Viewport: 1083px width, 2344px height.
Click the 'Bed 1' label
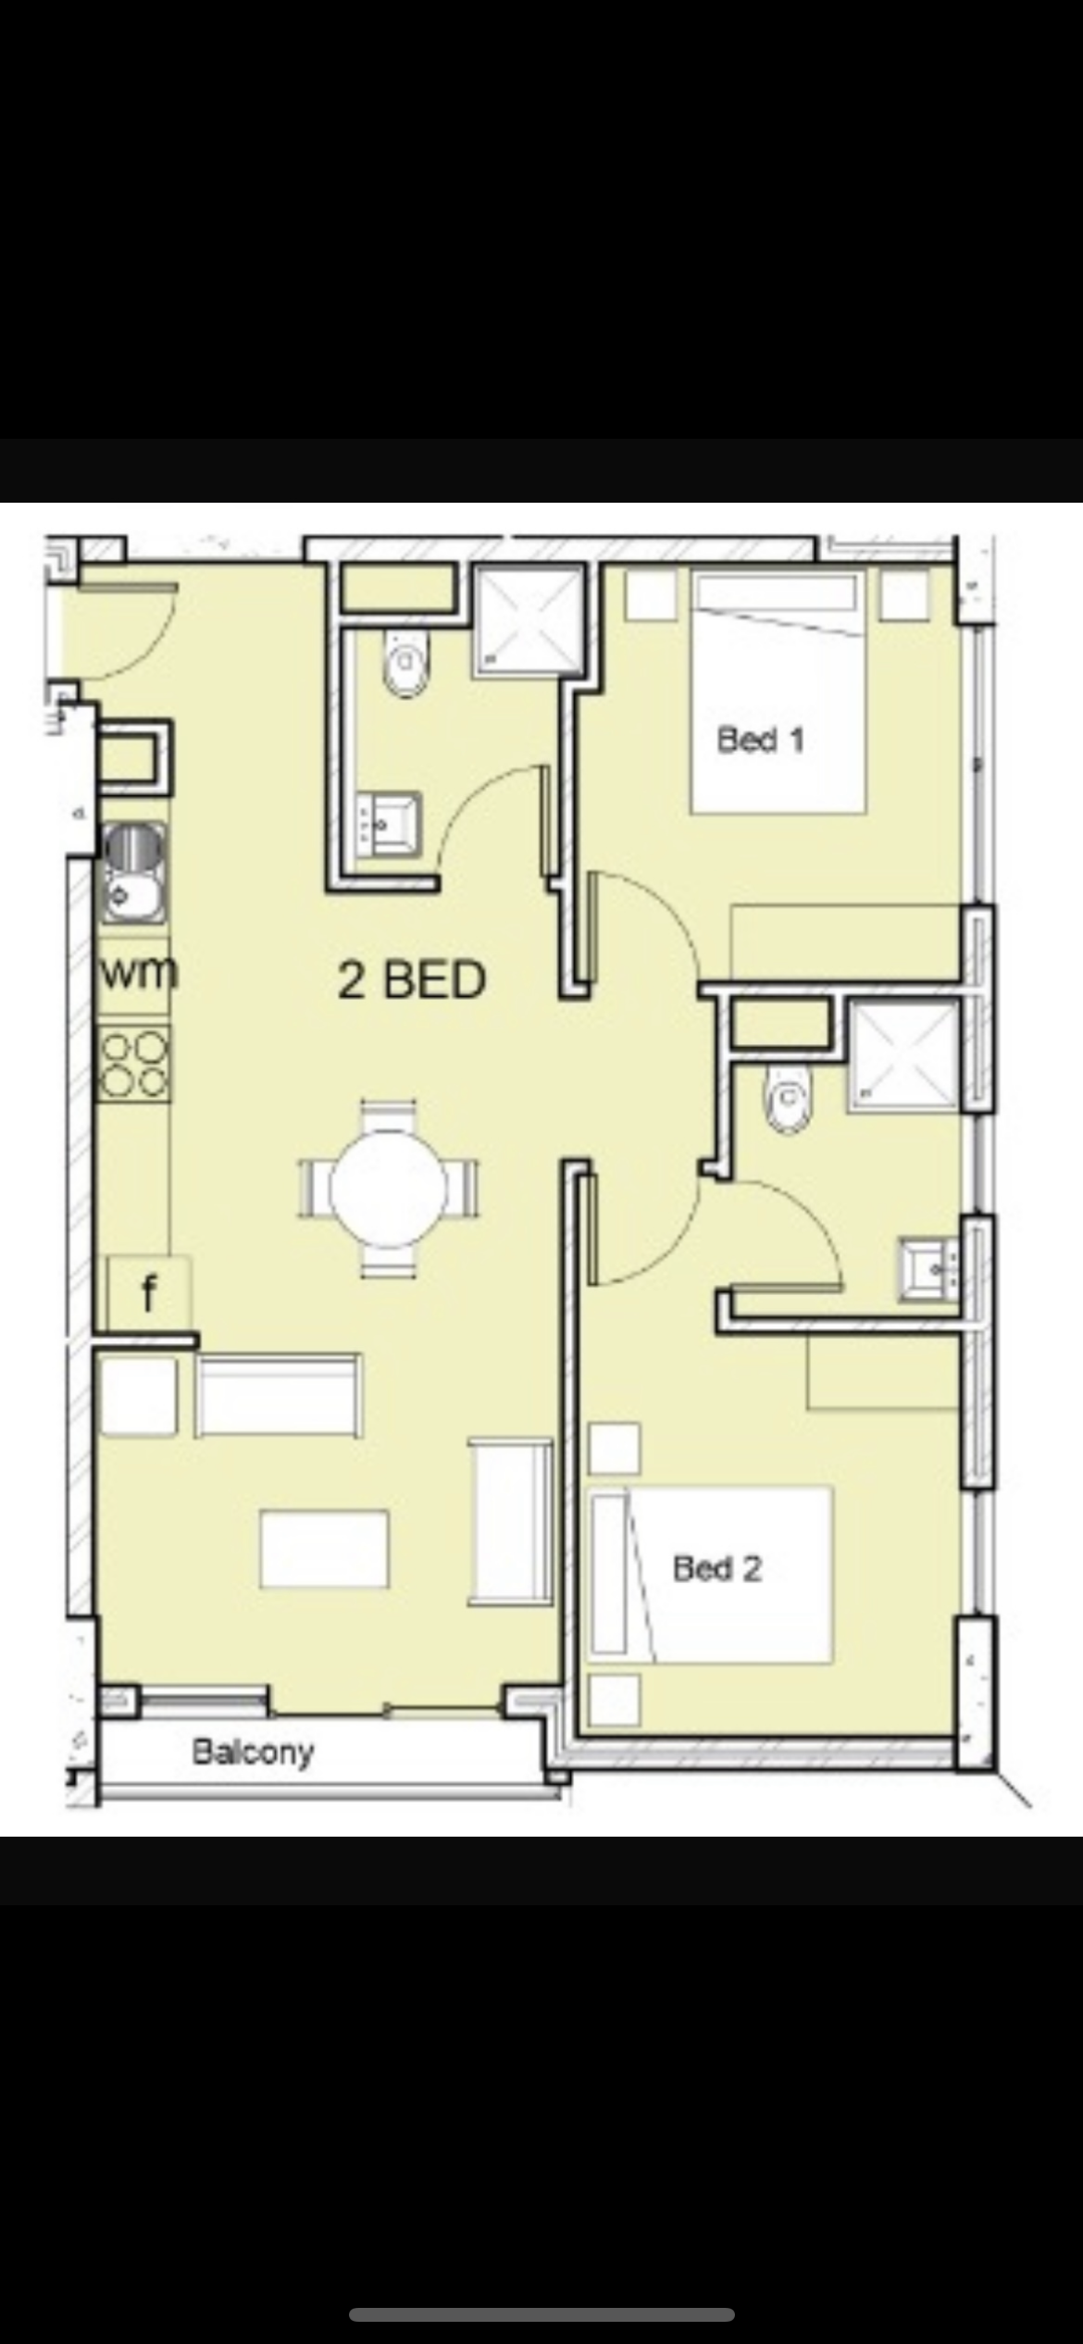(x=760, y=740)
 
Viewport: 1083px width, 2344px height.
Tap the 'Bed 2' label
(x=716, y=1568)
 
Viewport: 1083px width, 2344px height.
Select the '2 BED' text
(x=412, y=980)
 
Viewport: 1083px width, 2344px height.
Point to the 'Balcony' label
(x=253, y=1751)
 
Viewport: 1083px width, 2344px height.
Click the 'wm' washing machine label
(x=138, y=972)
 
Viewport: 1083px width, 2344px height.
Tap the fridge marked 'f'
(x=149, y=1291)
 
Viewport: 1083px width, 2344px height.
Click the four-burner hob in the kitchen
(x=135, y=1064)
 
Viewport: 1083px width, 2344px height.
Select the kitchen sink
(x=135, y=873)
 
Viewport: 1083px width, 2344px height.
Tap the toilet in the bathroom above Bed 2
(x=788, y=1099)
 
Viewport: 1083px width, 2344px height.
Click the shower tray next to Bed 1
(x=529, y=621)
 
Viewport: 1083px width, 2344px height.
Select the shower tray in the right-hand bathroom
(x=904, y=1055)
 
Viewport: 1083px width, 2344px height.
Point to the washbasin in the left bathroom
(x=388, y=823)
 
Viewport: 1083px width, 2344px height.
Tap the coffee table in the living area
(x=324, y=1548)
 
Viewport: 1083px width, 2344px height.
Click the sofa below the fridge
(x=279, y=1396)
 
